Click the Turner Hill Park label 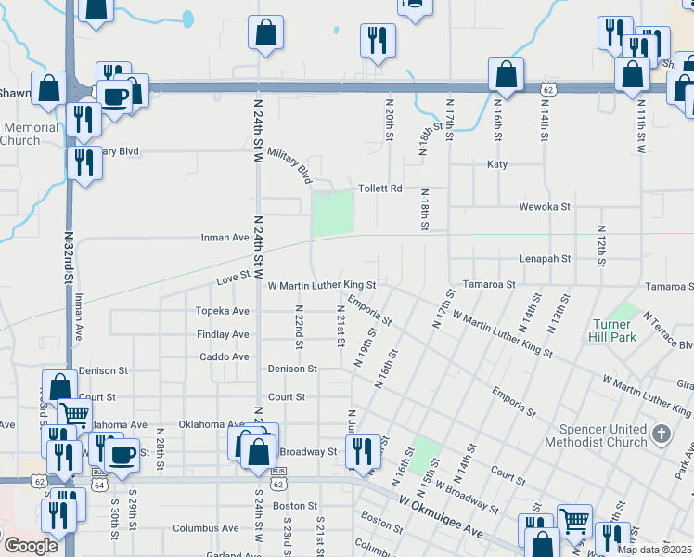pyautogui.click(x=614, y=331)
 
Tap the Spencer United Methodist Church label pyautogui.click(x=603, y=435)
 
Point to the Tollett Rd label pyautogui.click(x=380, y=188)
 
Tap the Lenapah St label pyautogui.click(x=545, y=259)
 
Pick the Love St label pyautogui.click(x=234, y=277)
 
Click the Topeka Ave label pyautogui.click(x=222, y=311)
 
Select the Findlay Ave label pyautogui.click(x=223, y=334)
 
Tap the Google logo pyautogui.click(x=31, y=546)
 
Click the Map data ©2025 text pyautogui.click(x=654, y=550)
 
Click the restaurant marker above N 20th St pyautogui.click(x=378, y=39)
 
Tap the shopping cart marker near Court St pyautogui.click(x=76, y=414)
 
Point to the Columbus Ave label pyautogui.click(x=205, y=528)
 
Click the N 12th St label pyautogui.click(x=601, y=240)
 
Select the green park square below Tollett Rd pyautogui.click(x=333, y=214)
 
